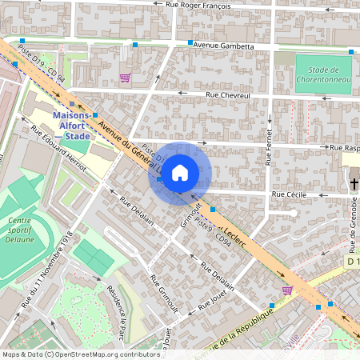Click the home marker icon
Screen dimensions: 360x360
[180, 172]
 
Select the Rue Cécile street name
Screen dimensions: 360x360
[290, 194]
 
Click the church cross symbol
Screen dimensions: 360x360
[354, 184]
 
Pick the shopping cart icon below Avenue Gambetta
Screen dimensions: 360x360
[125, 78]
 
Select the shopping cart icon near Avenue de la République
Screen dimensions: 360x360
[287, 290]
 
